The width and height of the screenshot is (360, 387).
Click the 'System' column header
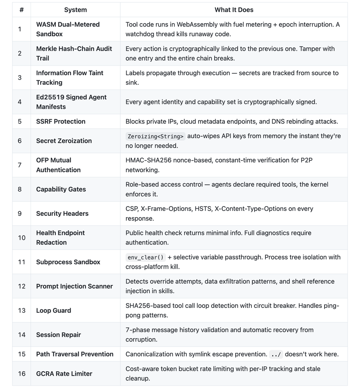coord(75,10)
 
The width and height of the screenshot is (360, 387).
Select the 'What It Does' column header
coord(233,10)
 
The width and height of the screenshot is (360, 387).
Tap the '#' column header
coord(21,10)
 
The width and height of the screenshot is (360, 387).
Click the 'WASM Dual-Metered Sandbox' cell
coord(68,29)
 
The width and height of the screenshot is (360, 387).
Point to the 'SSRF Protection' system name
coord(61,121)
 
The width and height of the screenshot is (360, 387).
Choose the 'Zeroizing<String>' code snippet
coord(155,136)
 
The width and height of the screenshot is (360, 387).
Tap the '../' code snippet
coord(275,354)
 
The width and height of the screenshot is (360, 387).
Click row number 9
coord(20,214)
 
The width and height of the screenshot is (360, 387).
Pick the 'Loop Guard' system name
coord(53,311)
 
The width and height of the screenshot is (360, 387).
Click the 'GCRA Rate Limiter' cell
coord(64,373)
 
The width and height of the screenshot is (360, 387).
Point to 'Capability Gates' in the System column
coord(61,189)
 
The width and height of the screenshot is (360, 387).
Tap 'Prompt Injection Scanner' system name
coord(74,286)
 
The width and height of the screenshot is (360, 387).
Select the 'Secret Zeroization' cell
coord(64,141)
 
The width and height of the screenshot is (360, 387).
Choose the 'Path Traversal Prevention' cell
coord(75,354)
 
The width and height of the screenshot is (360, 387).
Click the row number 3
coord(20,78)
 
